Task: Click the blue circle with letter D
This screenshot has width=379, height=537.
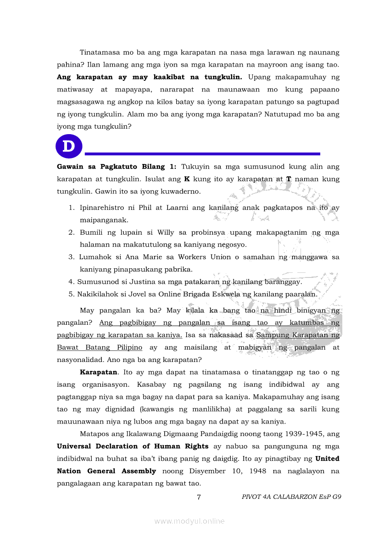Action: [69, 147]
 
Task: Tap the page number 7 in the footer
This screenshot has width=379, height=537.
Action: [198, 497]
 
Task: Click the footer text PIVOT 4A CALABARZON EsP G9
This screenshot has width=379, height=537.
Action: [291, 497]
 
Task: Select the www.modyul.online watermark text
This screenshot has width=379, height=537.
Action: [189, 521]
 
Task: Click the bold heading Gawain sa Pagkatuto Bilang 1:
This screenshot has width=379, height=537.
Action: [117, 166]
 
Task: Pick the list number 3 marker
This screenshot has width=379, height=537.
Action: [72, 257]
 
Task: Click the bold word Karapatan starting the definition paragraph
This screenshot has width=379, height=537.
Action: [99, 372]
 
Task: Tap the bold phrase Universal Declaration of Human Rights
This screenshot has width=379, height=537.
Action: [133, 446]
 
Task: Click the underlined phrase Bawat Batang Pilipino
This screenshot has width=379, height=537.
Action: [100, 347]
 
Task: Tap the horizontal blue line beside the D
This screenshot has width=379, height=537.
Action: [202, 153]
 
